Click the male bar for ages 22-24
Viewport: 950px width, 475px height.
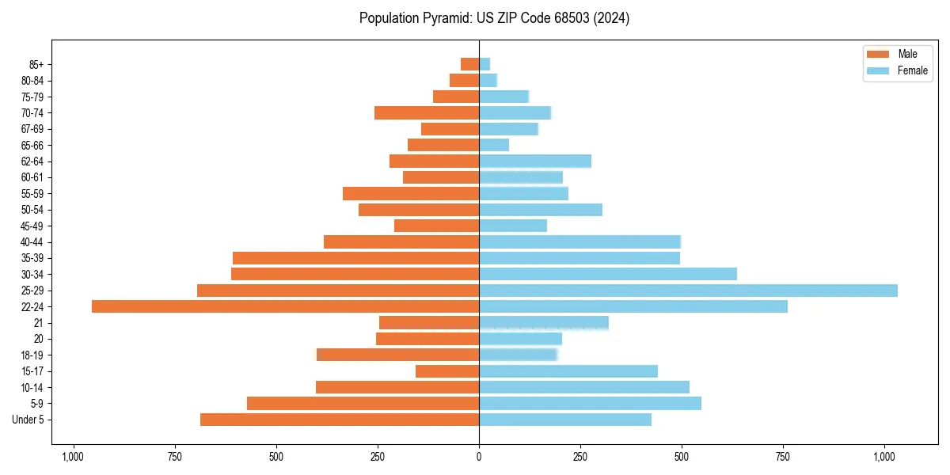pyautogui.click(x=285, y=306)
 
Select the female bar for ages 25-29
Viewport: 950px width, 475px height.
pyautogui.click(x=688, y=291)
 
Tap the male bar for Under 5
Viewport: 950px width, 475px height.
pyautogui.click(x=340, y=420)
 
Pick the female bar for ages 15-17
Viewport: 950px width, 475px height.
pyautogui.click(x=568, y=371)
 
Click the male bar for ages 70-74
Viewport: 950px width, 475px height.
pyautogui.click(x=427, y=113)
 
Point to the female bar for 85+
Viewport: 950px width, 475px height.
pyautogui.click(x=484, y=64)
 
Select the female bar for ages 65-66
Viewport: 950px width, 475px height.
pyautogui.click(x=494, y=145)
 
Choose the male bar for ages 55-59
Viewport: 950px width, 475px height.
pyautogui.click(x=411, y=194)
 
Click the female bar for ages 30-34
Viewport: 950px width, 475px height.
pyautogui.click(x=608, y=274)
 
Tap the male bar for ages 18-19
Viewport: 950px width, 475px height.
pyautogui.click(x=397, y=355)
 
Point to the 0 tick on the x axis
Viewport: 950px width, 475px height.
pyautogui.click(x=479, y=457)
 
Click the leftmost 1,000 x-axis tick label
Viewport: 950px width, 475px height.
pyautogui.click(x=73, y=457)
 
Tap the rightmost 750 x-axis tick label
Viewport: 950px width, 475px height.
pyautogui.click(x=784, y=457)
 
